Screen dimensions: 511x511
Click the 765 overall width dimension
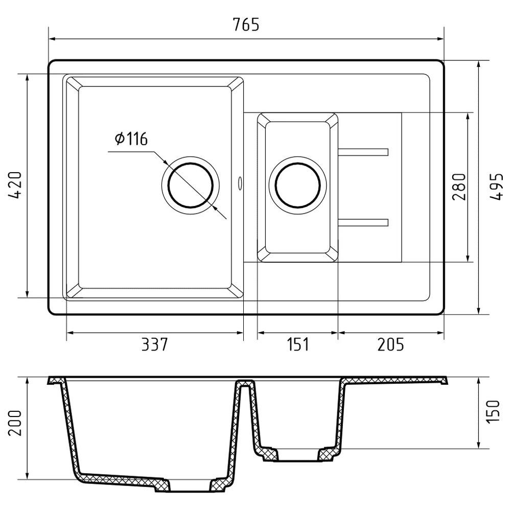coord(246,24)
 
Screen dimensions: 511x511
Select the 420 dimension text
coord(15,185)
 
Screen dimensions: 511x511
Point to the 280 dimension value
coord(459,187)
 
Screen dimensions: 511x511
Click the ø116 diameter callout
coord(131,138)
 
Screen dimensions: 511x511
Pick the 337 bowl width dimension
coord(154,345)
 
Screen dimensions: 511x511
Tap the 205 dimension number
coord(390,345)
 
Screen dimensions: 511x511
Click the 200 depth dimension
coord(15,423)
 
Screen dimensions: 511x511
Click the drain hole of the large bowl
coord(191,184)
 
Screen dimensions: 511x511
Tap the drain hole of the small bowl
coord(298,184)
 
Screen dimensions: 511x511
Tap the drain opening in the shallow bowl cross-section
coord(297,456)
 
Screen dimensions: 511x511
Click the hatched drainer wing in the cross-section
coord(393,381)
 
